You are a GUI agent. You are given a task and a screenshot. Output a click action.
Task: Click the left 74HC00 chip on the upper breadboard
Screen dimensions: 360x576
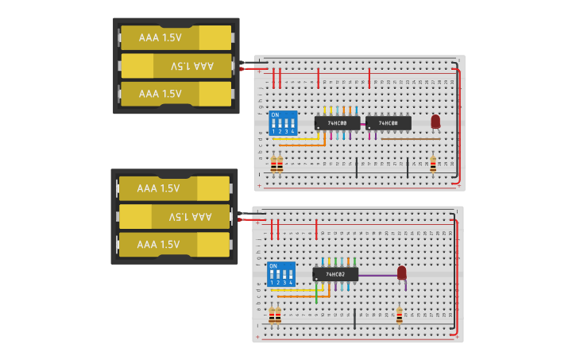[x=337, y=123]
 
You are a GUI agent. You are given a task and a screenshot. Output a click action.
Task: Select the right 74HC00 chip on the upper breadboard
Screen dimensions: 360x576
[x=389, y=123]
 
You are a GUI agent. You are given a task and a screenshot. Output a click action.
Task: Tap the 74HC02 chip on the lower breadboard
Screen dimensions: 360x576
[x=335, y=274]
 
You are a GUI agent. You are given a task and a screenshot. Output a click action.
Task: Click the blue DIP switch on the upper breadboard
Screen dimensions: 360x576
[x=284, y=123]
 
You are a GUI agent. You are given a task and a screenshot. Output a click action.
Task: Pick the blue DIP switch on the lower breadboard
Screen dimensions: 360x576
[x=281, y=274]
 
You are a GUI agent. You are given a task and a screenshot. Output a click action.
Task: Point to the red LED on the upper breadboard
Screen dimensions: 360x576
[x=435, y=121]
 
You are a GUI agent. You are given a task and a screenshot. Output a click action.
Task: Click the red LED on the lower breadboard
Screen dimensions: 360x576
[x=402, y=273]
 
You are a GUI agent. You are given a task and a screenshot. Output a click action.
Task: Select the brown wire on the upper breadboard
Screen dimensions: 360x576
[x=410, y=138]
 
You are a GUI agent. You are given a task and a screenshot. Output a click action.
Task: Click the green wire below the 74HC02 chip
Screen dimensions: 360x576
[x=316, y=293]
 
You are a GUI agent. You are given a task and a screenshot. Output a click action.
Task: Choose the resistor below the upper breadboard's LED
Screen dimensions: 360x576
[x=433, y=164]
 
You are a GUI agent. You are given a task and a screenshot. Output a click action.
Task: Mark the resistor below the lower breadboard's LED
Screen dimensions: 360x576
[x=399, y=315]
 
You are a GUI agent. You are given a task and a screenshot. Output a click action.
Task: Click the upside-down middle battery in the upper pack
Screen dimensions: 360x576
[x=176, y=66]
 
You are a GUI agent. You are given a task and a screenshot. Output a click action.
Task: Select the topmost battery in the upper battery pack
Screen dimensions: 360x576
[x=176, y=37]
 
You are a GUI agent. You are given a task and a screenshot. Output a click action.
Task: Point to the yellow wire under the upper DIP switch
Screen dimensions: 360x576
[x=298, y=138]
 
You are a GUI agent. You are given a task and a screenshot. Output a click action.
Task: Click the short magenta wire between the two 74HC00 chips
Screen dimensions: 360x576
[x=363, y=124]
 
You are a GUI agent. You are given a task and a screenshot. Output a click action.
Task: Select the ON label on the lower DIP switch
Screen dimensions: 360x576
[x=273, y=265]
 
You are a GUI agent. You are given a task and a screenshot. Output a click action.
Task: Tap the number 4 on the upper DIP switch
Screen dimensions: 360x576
[x=293, y=131]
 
